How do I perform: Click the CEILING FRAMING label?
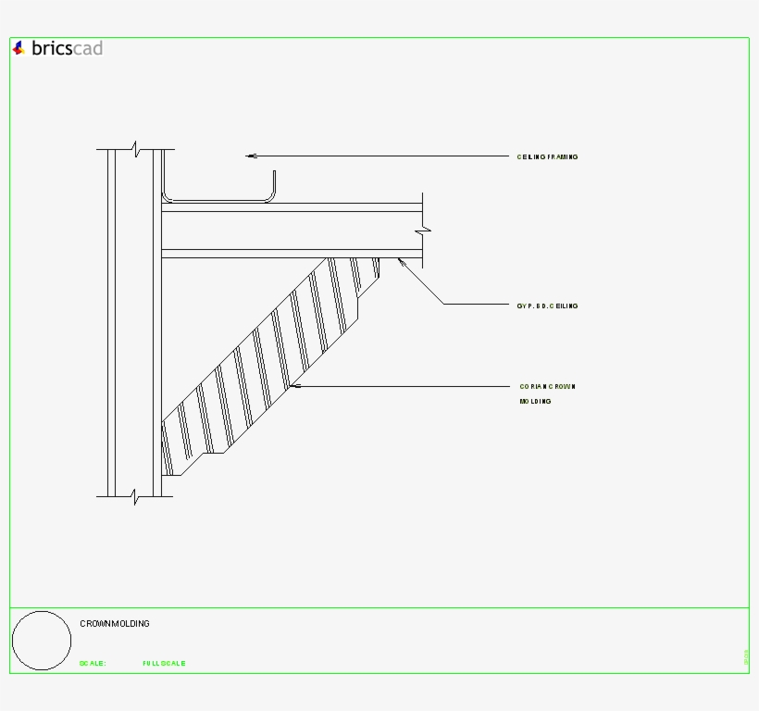pos(547,157)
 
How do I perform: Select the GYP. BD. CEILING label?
pos(547,306)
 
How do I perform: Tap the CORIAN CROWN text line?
pos(547,386)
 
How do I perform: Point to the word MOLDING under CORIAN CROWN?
pos(535,402)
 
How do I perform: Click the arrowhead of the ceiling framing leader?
pos(250,156)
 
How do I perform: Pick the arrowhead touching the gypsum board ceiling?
pos(401,262)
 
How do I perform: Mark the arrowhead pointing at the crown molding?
pos(292,385)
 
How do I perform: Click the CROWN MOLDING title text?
pos(115,624)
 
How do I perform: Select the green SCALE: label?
pos(93,664)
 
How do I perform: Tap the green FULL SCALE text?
pos(164,664)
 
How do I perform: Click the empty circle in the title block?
pos(42,641)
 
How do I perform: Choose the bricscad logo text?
pos(67,48)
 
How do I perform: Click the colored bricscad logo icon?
pos(19,48)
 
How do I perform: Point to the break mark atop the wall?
pos(135,149)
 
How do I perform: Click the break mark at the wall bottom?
pos(135,496)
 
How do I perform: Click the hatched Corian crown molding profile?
pos(268,361)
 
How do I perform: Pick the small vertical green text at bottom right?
pos(746,657)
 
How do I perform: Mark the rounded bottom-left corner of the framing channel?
pos(168,196)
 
